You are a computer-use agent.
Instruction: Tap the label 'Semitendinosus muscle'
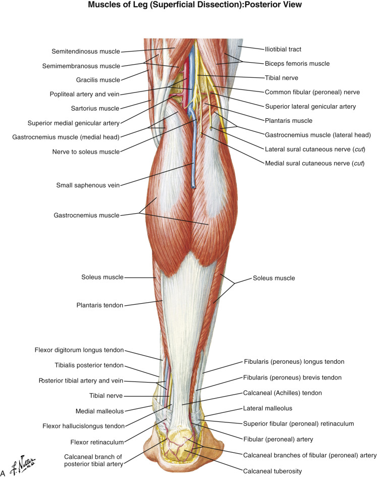click(x=86, y=52)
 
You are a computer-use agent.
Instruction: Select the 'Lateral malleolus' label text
click(x=289, y=408)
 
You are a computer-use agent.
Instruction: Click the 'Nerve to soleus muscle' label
click(x=86, y=152)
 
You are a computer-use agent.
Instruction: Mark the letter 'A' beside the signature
click(x=4, y=473)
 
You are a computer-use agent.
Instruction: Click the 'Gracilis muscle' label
click(x=99, y=80)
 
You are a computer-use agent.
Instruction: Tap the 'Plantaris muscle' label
click(x=289, y=121)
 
